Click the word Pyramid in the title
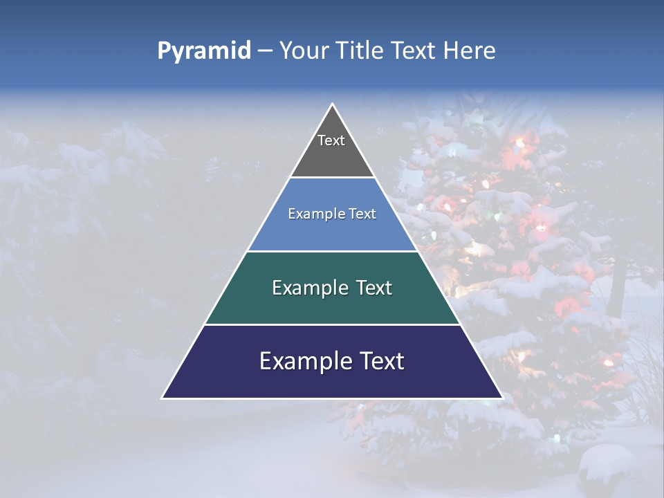(204, 51)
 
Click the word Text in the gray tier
(331, 140)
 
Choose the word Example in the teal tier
(307, 288)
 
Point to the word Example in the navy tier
(301, 361)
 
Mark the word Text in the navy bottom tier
(380, 361)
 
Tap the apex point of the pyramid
(332, 104)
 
